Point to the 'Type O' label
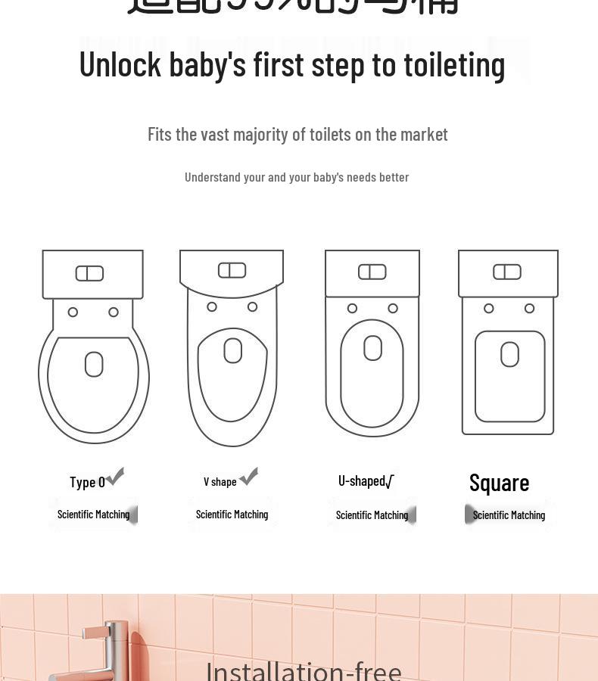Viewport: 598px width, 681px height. click(x=87, y=482)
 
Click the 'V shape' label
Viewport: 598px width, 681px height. click(x=220, y=481)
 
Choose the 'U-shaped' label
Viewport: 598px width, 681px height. click(x=361, y=480)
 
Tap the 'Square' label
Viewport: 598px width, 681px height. click(x=499, y=482)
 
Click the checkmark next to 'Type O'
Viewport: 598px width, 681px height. click(x=115, y=476)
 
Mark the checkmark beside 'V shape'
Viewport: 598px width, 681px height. click(x=248, y=475)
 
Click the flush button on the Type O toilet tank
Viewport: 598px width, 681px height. click(x=89, y=273)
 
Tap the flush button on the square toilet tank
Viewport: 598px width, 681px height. click(x=506, y=272)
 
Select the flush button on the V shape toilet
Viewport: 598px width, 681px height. click(x=232, y=270)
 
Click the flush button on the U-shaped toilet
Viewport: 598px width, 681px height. click(x=372, y=272)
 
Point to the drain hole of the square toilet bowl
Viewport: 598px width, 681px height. click(x=509, y=354)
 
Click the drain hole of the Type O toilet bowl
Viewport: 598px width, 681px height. click(x=94, y=364)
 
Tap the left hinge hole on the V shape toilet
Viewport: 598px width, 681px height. click(x=212, y=306)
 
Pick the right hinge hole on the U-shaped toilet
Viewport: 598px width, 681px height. click(x=393, y=308)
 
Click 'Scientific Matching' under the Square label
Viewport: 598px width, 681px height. click(x=509, y=515)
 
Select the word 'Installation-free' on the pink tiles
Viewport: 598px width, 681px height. click(x=304, y=670)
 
